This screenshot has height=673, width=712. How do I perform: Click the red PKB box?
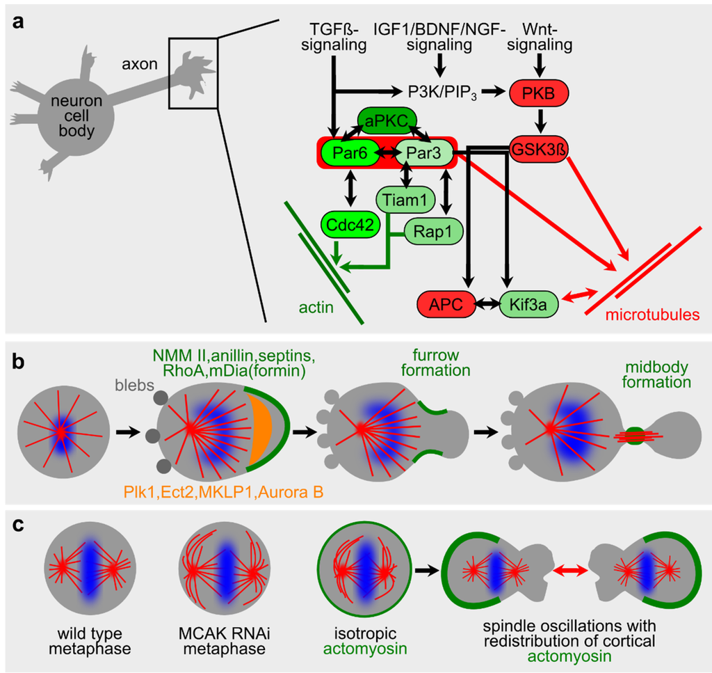click(x=539, y=91)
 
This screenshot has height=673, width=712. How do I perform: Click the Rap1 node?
click(x=428, y=228)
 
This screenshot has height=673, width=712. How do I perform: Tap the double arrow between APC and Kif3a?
click(x=485, y=303)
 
